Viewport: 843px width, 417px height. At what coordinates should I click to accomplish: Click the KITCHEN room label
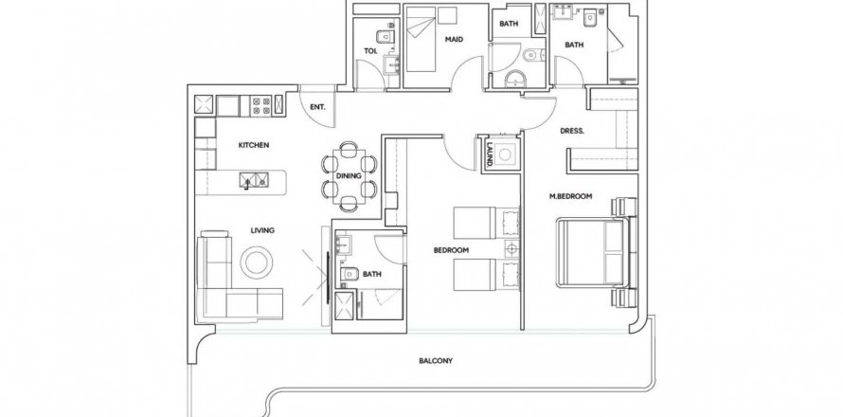click(x=254, y=145)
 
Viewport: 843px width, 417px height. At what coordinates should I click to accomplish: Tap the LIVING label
click(x=262, y=230)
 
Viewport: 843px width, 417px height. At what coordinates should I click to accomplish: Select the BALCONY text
click(x=436, y=360)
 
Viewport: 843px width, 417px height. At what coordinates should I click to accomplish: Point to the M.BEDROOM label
click(x=570, y=196)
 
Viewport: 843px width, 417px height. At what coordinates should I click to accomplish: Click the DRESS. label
click(x=572, y=131)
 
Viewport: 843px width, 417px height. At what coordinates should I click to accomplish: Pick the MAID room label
click(x=454, y=39)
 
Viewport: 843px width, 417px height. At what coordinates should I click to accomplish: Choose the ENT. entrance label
click(x=317, y=107)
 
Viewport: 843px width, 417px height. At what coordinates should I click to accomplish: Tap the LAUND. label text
click(x=490, y=154)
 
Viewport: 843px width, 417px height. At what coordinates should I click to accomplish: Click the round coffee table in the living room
click(x=257, y=263)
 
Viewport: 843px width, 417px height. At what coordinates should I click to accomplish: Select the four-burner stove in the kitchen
click(x=261, y=105)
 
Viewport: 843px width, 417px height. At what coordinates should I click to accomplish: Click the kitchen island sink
click(x=254, y=180)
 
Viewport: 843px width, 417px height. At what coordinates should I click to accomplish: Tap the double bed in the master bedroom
click(x=591, y=252)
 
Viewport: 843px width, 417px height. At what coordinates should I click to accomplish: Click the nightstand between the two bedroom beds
click(x=511, y=248)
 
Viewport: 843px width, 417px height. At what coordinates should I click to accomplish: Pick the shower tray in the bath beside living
click(x=345, y=305)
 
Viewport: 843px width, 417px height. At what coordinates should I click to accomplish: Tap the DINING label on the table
click(x=349, y=175)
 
